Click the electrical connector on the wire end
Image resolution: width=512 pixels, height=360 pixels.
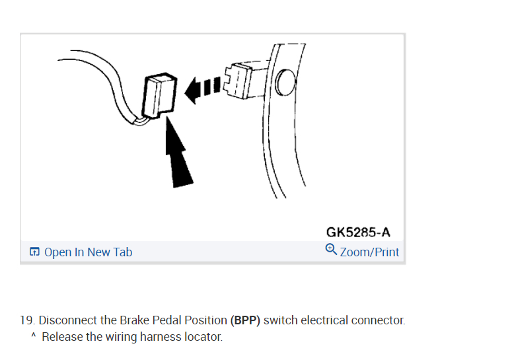pyautogui.click(x=159, y=96)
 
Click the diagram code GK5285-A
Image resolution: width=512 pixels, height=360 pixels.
pyautogui.click(x=358, y=233)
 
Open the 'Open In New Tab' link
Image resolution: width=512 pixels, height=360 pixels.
pyautogui.click(x=88, y=252)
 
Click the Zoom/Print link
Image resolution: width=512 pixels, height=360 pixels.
pyautogui.click(x=369, y=252)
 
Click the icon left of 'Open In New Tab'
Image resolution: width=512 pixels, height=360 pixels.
pyautogui.click(x=34, y=252)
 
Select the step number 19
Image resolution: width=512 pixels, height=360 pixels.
pyautogui.click(x=26, y=320)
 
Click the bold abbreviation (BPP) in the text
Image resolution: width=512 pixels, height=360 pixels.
pyautogui.click(x=245, y=320)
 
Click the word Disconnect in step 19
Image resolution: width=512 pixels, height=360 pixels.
pyautogui.click(x=66, y=320)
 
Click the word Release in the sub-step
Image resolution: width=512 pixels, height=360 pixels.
pyautogui.click(x=62, y=337)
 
